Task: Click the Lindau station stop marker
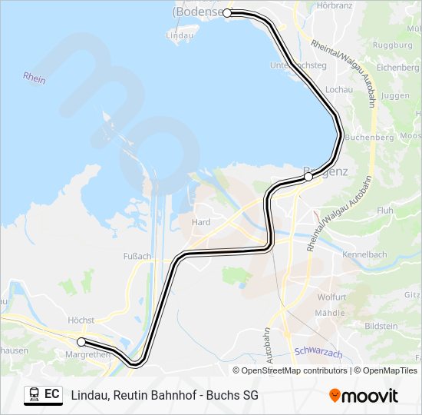227,13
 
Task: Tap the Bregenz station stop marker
308,177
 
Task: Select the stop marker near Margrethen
81,341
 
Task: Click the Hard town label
200,222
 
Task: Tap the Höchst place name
81,320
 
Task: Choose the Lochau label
338,90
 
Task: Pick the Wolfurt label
332,297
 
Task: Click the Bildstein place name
381,327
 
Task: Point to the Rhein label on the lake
35,78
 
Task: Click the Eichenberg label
397,68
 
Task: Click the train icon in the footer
34,395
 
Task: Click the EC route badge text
52,395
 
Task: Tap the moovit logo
364,396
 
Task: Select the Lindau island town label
180,35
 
